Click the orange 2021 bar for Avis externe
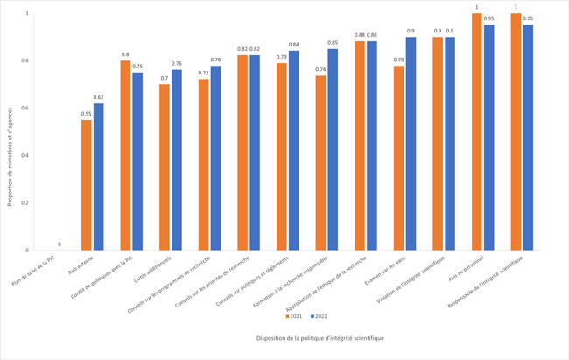(x=87, y=185)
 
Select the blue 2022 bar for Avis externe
(x=99, y=177)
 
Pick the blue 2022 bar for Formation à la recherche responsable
(x=333, y=149)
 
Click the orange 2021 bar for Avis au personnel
(x=477, y=131)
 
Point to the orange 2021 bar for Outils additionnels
(x=165, y=167)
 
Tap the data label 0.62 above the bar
(x=99, y=97)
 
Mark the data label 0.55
(x=87, y=114)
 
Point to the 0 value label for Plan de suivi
(x=60, y=244)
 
